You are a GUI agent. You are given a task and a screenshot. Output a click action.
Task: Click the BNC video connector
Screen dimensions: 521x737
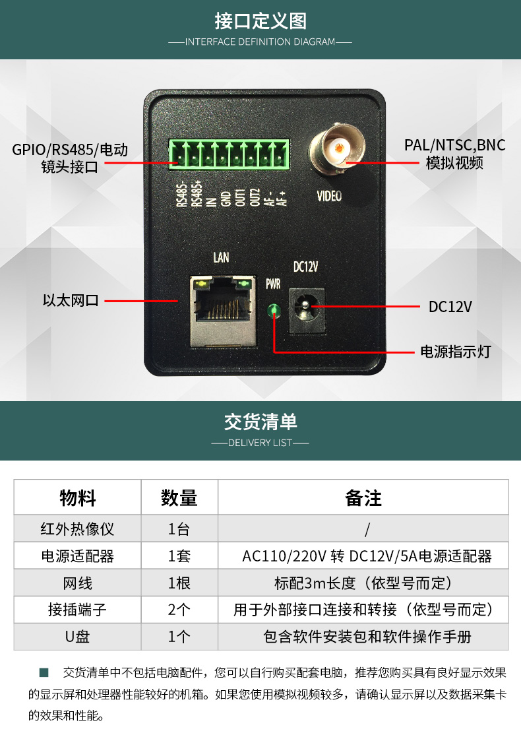[x=337, y=148]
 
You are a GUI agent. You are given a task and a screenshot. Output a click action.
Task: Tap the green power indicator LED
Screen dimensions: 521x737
[x=274, y=311]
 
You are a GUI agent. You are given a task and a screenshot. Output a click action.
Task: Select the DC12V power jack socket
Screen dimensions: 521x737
[x=306, y=310]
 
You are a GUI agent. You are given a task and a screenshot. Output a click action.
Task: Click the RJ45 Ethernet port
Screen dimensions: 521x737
[x=223, y=311]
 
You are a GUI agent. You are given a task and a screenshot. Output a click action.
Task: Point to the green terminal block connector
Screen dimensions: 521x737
[x=229, y=154]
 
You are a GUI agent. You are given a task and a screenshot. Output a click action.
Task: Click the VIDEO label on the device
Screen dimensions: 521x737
[x=329, y=196]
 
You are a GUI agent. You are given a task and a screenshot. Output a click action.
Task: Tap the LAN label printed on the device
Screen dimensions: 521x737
[x=221, y=257]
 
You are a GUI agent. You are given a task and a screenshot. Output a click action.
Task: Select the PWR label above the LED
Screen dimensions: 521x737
[x=273, y=284]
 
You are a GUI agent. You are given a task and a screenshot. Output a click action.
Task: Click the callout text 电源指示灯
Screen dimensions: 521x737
[x=455, y=352]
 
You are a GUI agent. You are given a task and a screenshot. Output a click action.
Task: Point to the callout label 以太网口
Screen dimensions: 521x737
[x=71, y=300]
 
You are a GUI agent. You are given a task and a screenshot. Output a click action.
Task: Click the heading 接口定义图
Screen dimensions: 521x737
[x=260, y=21]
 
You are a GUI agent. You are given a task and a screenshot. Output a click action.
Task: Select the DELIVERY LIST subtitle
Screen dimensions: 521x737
[x=260, y=443]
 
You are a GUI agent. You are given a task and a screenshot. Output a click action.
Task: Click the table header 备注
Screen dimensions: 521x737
[x=363, y=497]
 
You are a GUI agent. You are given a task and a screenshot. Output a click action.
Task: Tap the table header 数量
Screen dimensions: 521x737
[x=179, y=497]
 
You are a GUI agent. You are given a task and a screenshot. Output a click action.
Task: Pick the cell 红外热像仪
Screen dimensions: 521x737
[x=77, y=529]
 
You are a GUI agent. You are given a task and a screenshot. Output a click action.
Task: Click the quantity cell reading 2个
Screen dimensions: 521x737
[x=179, y=610]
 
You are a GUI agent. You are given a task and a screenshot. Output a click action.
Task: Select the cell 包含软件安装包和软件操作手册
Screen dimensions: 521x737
[x=367, y=637]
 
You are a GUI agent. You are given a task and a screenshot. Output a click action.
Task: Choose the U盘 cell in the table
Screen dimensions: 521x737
[x=77, y=637]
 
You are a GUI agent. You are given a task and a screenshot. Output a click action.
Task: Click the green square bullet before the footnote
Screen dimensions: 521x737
[x=44, y=672]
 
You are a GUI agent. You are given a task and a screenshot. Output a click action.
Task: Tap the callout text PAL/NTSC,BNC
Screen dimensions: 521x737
[x=455, y=145]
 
